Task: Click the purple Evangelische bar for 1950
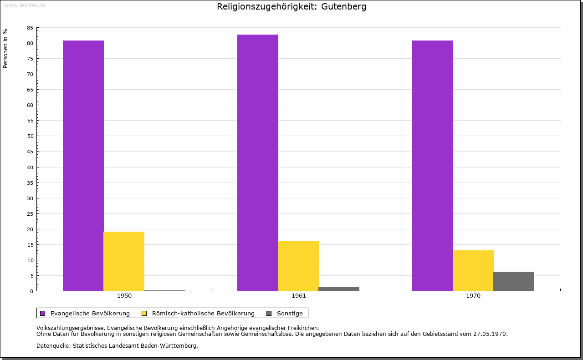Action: pos(83,166)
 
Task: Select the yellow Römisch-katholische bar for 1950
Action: pos(124,261)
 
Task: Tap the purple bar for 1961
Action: pos(258,162)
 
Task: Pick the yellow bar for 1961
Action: pos(298,266)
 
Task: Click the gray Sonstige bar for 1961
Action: pos(339,289)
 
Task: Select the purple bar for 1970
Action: pos(433,166)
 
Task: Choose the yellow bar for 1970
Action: pos(473,270)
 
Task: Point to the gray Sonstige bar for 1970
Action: pos(514,281)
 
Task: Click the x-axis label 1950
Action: pos(124,296)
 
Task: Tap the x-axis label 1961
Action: pos(299,296)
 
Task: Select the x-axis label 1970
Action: pos(473,296)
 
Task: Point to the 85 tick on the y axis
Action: pos(30,28)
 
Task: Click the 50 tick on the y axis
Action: pos(30,136)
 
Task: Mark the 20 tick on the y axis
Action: pos(30,229)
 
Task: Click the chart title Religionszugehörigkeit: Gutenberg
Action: pos(291,7)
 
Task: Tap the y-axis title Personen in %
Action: pos(5,48)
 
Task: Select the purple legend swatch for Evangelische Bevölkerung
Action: pos(43,313)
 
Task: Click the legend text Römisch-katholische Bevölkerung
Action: pos(203,313)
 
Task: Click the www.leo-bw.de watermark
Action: pos(25,5)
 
